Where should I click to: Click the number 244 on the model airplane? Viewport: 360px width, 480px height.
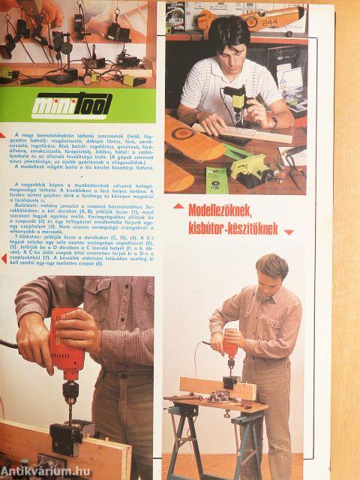tap(270, 22)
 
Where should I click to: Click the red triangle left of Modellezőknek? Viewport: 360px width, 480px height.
tap(177, 205)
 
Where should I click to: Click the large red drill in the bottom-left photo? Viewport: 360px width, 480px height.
tap(64, 352)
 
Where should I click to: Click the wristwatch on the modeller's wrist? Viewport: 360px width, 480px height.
tap(274, 121)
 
